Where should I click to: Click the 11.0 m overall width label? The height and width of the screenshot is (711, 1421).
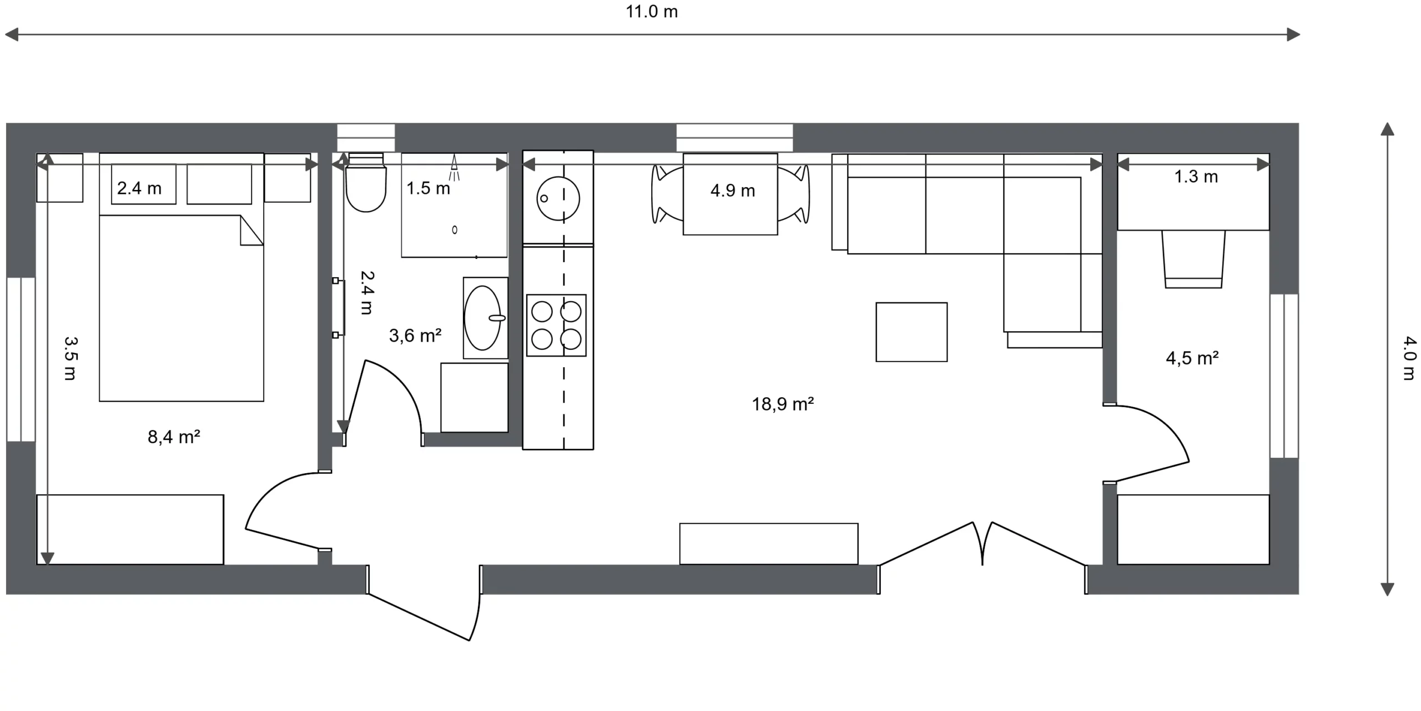652,12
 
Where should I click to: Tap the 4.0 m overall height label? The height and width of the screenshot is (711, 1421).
1409,358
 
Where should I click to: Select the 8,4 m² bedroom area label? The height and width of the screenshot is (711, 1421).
174,437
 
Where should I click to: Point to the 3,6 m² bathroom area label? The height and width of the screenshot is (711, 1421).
415,336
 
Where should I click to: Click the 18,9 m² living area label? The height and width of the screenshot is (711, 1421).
783,404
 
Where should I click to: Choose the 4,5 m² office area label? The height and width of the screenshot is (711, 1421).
1192,358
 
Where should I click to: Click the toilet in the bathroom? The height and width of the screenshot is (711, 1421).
365,182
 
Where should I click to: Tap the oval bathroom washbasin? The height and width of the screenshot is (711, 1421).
483,318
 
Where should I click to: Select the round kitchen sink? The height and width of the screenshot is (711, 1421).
558,198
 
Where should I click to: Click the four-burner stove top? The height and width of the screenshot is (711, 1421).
556,325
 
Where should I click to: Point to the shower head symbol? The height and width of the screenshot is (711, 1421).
455,167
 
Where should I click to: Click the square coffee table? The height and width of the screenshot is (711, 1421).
911,332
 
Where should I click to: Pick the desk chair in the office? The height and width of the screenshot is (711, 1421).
1193,259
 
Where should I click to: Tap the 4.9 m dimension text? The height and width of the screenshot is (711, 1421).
733,191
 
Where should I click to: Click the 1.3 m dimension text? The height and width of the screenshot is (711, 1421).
1196,177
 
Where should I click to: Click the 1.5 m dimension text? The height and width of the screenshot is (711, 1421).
428,188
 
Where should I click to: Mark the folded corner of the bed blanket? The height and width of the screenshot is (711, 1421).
251,231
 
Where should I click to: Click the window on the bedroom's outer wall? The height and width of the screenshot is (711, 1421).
21,359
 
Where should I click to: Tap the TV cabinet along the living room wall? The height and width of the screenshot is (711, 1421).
769,544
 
